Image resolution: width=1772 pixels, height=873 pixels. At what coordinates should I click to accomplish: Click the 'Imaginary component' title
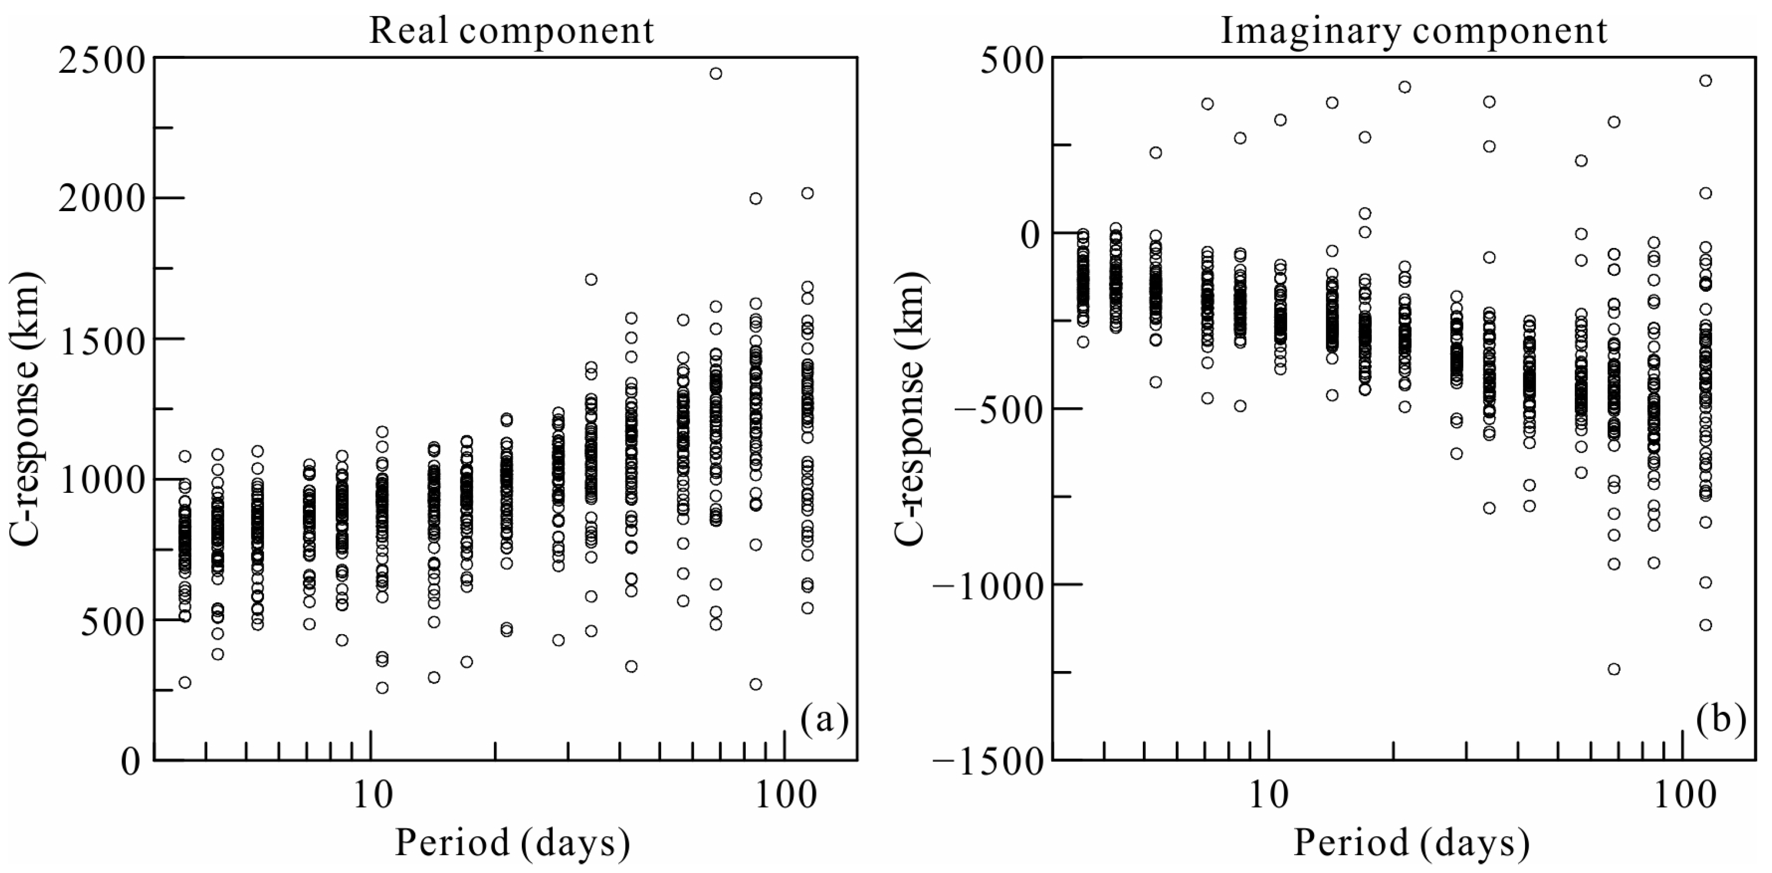[x=1414, y=31]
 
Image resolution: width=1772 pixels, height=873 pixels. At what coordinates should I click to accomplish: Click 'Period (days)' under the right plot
[x=1411, y=843]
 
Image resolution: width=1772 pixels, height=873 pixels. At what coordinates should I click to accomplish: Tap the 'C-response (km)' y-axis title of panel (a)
[x=27, y=409]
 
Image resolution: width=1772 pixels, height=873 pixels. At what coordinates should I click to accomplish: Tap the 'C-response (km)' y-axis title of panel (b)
[x=911, y=409]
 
